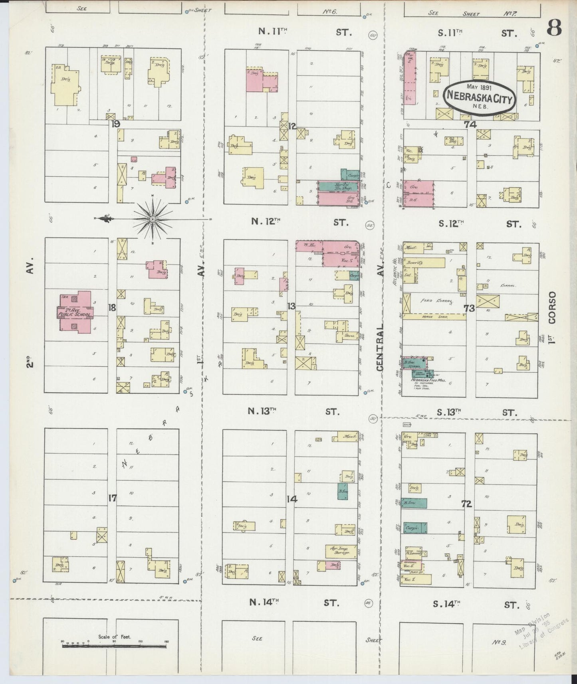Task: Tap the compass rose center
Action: [x=153, y=219]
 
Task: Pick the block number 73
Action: [x=469, y=308]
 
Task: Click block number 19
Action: [x=116, y=124]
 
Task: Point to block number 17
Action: [x=113, y=498]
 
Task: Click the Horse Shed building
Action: [x=434, y=317]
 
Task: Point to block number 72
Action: [x=466, y=504]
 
